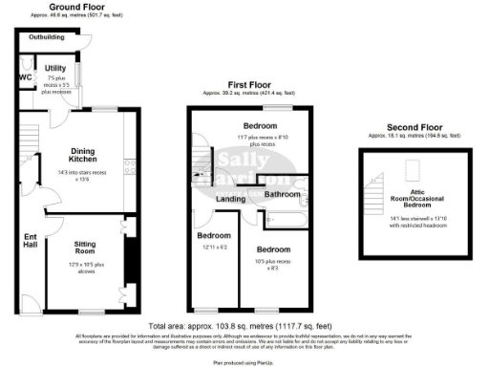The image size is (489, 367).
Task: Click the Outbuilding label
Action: pos(46,36)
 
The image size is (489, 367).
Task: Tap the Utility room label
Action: pos(54,69)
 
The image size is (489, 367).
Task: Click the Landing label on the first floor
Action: pos(230,199)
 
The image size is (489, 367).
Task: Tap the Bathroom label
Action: pos(283,194)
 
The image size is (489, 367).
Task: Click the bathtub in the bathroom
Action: pos(284,221)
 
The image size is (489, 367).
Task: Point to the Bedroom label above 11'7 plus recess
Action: pos(261,126)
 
